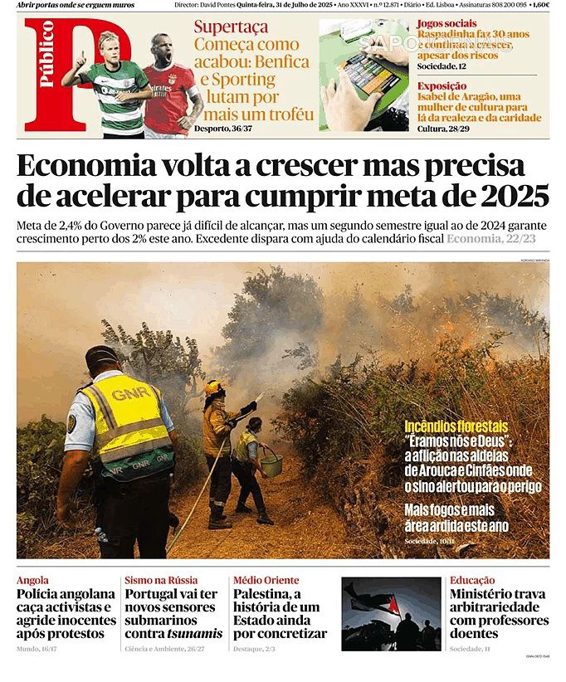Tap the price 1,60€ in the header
(x=540, y=5)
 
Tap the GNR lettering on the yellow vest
(x=132, y=393)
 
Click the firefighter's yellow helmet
(x=215, y=387)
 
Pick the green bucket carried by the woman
(x=271, y=464)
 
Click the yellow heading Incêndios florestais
(x=456, y=426)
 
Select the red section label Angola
(x=32, y=580)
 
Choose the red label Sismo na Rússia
(x=160, y=580)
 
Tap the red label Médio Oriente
(x=266, y=580)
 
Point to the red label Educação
(x=472, y=580)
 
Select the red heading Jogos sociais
(x=446, y=23)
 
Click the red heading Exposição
(x=442, y=85)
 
